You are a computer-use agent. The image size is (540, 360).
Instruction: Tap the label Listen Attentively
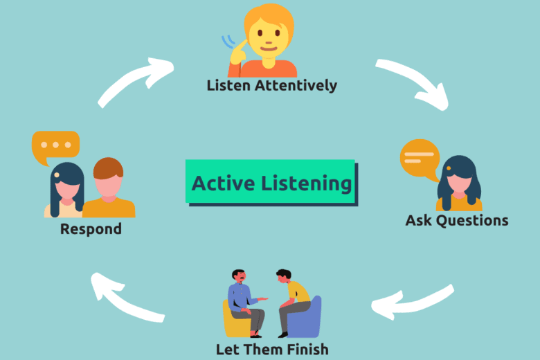click(x=272, y=86)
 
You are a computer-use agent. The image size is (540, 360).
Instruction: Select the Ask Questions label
click(x=456, y=221)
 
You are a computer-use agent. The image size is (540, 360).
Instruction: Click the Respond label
click(x=91, y=228)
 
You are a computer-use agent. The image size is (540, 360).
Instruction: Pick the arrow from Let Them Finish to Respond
click(x=125, y=297)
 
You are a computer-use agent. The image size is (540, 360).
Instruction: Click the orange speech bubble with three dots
click(x=55, y=146)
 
